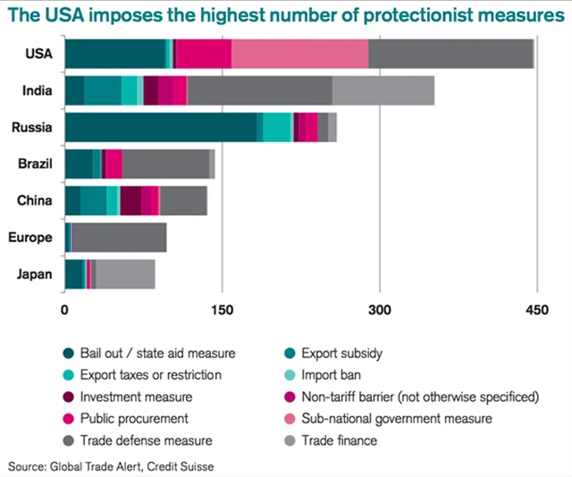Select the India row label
[38, 91]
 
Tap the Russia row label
[32, 128]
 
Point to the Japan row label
[35, 274]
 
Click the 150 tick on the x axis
[222, 311]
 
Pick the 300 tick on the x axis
[379, 311]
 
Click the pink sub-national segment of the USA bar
[299, 54]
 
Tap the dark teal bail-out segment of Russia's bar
[161, 128]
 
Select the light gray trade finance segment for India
[383, 91]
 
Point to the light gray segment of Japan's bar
[125, 274]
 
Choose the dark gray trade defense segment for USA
[450, 54]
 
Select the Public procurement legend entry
[134, 418]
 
